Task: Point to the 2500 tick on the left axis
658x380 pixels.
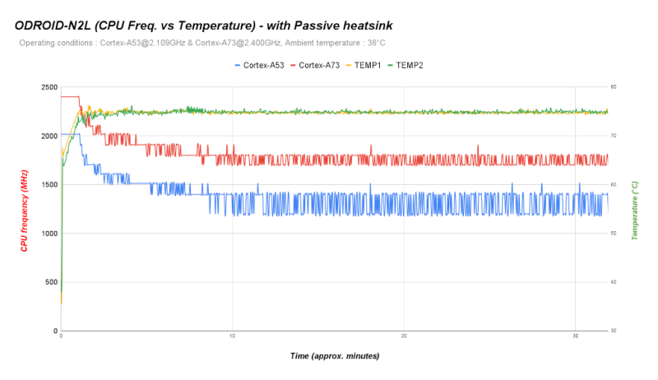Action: pyautogui.click(x=48, y=87)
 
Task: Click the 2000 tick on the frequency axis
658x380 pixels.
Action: pyautogui.click(x=48, y=136)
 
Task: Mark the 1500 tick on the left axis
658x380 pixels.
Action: pyautogui.click(x=48, y=184)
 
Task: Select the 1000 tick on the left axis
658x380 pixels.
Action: pyautogui.click(x=48, y=234)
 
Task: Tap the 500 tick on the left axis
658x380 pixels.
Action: pyautogui.click(x=50, y=282)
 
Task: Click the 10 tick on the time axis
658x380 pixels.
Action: pyautogui.click(x=233, y=336)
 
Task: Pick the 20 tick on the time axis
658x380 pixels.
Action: pyautogui.click(x=404, y=336)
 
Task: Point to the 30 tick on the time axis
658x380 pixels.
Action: pyautogui.click(x=575, y=336)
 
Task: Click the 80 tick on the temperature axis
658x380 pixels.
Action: pyautogui.click(x=613, y=87)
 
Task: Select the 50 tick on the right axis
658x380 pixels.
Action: pyautogui.click(x=613, y=234)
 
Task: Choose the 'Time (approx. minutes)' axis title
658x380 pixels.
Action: pyautogui.click(x=334, y=356)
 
